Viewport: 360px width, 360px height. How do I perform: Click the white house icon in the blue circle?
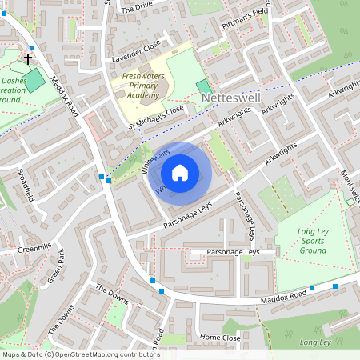180,173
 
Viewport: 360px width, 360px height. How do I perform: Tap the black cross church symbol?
28,59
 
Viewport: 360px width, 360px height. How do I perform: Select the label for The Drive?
136,7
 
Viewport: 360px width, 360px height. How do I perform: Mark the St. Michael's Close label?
157,117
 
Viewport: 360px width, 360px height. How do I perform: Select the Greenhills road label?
34,249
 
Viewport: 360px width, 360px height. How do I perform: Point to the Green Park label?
56,266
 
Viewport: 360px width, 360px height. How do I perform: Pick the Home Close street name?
220,338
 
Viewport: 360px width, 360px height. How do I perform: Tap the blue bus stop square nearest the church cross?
33,49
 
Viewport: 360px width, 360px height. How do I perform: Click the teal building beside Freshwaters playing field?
205,86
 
